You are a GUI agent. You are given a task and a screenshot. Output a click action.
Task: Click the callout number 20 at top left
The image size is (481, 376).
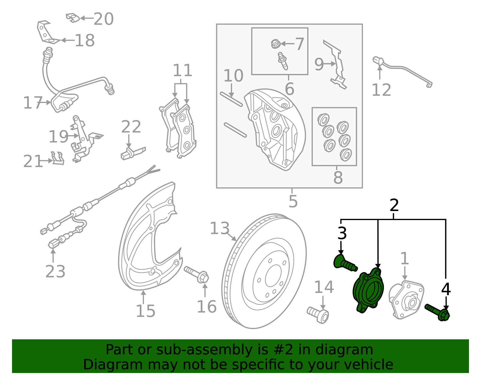[x=103, y=19]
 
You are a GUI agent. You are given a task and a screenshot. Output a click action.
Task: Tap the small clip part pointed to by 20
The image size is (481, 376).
[x=73, y=18]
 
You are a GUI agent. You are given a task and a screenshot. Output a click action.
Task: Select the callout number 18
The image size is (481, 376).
[x=84, y=40]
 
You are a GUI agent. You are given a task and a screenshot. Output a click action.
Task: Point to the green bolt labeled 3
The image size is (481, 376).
[x=345, y=263]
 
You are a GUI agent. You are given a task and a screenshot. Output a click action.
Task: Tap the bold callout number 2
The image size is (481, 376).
[x=394, y=205]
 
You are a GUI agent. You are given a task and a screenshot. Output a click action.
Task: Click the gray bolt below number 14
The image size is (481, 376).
[x=318, y=314]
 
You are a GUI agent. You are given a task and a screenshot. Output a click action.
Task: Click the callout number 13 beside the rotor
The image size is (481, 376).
[x=219, y=228]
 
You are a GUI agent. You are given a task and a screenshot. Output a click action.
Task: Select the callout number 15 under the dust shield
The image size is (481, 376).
[x=146, y=311]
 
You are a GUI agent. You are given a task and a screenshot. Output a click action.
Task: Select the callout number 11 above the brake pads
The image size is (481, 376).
[x=182, y=71]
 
